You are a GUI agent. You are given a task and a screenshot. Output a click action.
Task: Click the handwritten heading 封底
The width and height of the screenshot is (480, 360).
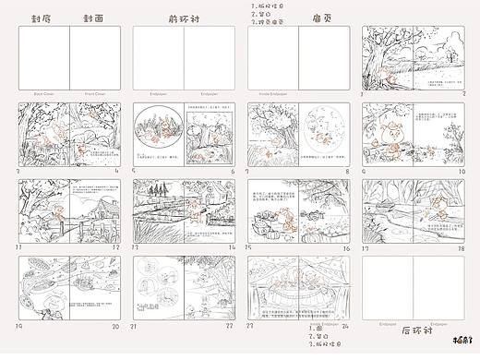tap(41, 18)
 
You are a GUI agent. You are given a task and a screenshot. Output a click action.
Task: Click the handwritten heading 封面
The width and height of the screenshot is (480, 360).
tap(93, 18)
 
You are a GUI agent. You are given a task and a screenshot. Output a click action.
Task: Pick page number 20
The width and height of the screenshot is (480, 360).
tap(116, 326)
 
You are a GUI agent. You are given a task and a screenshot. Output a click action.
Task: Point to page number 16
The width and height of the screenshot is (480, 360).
tap(346, 247)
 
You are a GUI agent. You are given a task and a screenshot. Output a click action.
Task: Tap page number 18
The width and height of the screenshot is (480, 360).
tap(462, 247)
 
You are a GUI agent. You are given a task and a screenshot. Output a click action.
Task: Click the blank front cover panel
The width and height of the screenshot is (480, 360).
tap(96, 57)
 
